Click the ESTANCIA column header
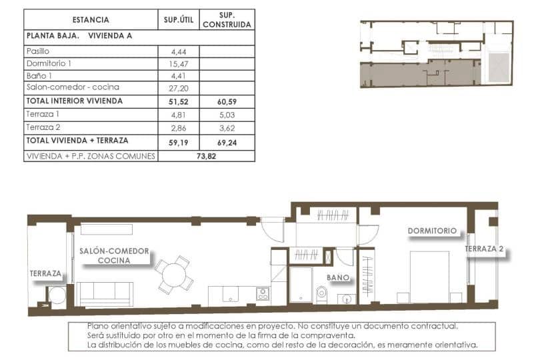pyautogui.click(x=91, y=20)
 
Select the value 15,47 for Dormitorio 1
pyautogui.click(x=179, y=63)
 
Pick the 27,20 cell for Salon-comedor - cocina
pyautogui.click(x=179, y=88)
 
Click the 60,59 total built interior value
pyautogui.click(x=227, y=101)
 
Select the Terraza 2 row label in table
pyautogui.click(x=44, y=127)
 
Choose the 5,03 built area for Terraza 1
pyautogui.click(x=227, y=114)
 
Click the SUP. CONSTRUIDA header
pyautogui.click(x=227, y=20)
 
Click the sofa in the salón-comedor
pyautogui.click(x=105, y=293)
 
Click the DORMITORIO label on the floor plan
pyautogui.click(x=433, y=231)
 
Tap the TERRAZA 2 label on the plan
pyautogui.click(x=484, y=250)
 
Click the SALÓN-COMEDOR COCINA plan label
pyautogui.click(x=114, y=256)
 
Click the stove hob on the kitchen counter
pyautogui.click(x=263, y=294)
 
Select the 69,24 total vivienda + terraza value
pyautogui.click(x=227, y=142)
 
